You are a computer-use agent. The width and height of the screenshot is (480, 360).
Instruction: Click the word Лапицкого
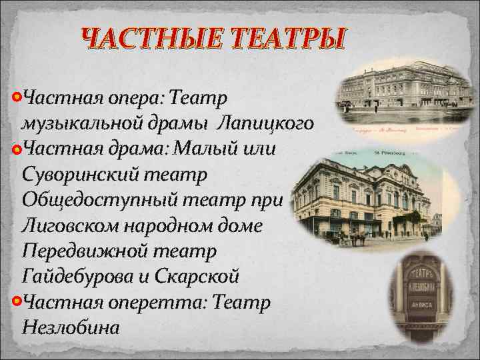266,123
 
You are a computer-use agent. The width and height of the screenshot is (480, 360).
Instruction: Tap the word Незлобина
71,328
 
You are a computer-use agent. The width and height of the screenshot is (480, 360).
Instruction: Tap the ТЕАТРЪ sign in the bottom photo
421,275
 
